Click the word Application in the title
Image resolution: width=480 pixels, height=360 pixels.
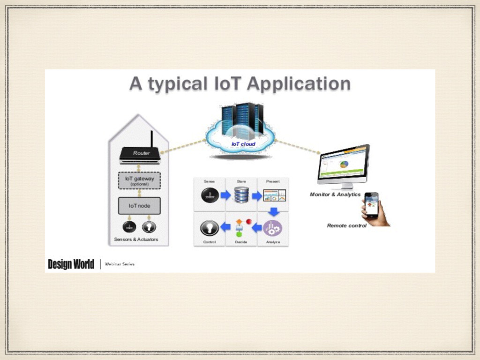299,84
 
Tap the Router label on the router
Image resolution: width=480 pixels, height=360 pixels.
141,153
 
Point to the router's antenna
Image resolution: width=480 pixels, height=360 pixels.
151,139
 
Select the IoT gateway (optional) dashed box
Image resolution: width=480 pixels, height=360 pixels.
139,180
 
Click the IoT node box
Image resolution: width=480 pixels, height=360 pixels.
139,205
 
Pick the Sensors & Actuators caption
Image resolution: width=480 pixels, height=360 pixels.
136,240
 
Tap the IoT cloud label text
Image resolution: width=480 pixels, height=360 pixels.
243,144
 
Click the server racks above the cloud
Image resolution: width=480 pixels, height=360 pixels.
242,120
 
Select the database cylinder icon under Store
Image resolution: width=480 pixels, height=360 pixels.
242,195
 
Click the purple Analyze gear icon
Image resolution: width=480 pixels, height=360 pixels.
272,228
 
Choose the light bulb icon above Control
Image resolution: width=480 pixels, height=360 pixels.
210,227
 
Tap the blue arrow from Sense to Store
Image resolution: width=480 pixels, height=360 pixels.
225,195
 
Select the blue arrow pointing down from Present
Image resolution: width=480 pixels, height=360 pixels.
273,211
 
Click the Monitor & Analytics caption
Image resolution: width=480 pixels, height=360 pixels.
335,194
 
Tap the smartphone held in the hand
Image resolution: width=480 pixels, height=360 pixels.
372,204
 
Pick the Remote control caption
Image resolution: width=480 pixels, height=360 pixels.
347,225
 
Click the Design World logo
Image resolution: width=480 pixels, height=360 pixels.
71,264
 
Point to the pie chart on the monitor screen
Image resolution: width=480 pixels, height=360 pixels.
345,165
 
